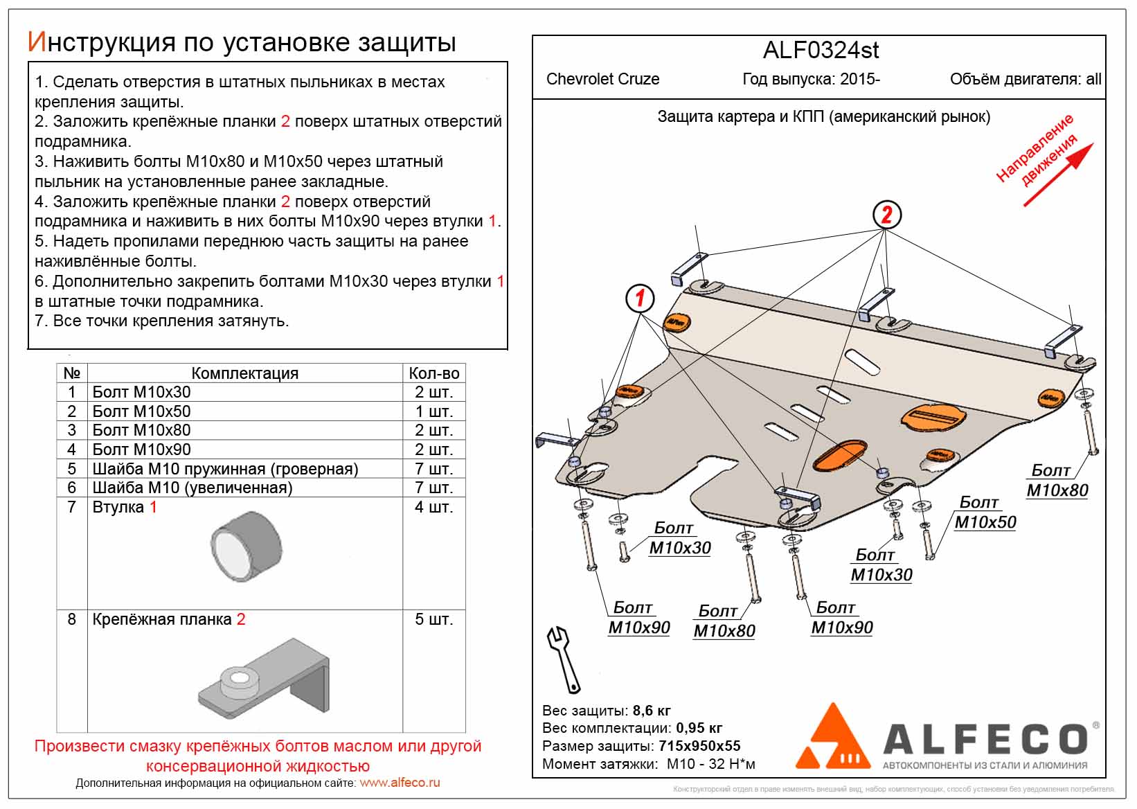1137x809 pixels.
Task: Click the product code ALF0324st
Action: click(x=821, y=51)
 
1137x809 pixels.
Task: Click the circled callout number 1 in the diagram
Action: click(x=639, y=298)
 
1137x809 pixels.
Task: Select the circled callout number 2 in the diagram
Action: click(x=887, y=215)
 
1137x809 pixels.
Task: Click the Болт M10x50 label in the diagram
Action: click(x=985, y=513)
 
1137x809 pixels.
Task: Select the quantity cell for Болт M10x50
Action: click(x=433, y=411)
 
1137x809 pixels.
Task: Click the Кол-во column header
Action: click(x=433, y=373)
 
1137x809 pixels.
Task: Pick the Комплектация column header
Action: click(x=244, y=373)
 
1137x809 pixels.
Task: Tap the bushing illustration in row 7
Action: click(x=247, y=545)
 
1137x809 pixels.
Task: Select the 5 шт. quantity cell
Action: click(x=433, y=619)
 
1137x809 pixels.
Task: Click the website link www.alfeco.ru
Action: click(x=400, y=783)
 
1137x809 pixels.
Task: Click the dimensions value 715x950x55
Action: click(x=699, y=746)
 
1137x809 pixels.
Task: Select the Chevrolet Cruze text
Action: click(x=602, y=79)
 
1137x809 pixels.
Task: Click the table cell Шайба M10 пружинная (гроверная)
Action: click(x=225, y=469)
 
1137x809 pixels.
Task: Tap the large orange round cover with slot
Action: click(x=935, y=416)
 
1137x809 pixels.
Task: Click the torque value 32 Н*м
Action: click(x=730, y=764)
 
